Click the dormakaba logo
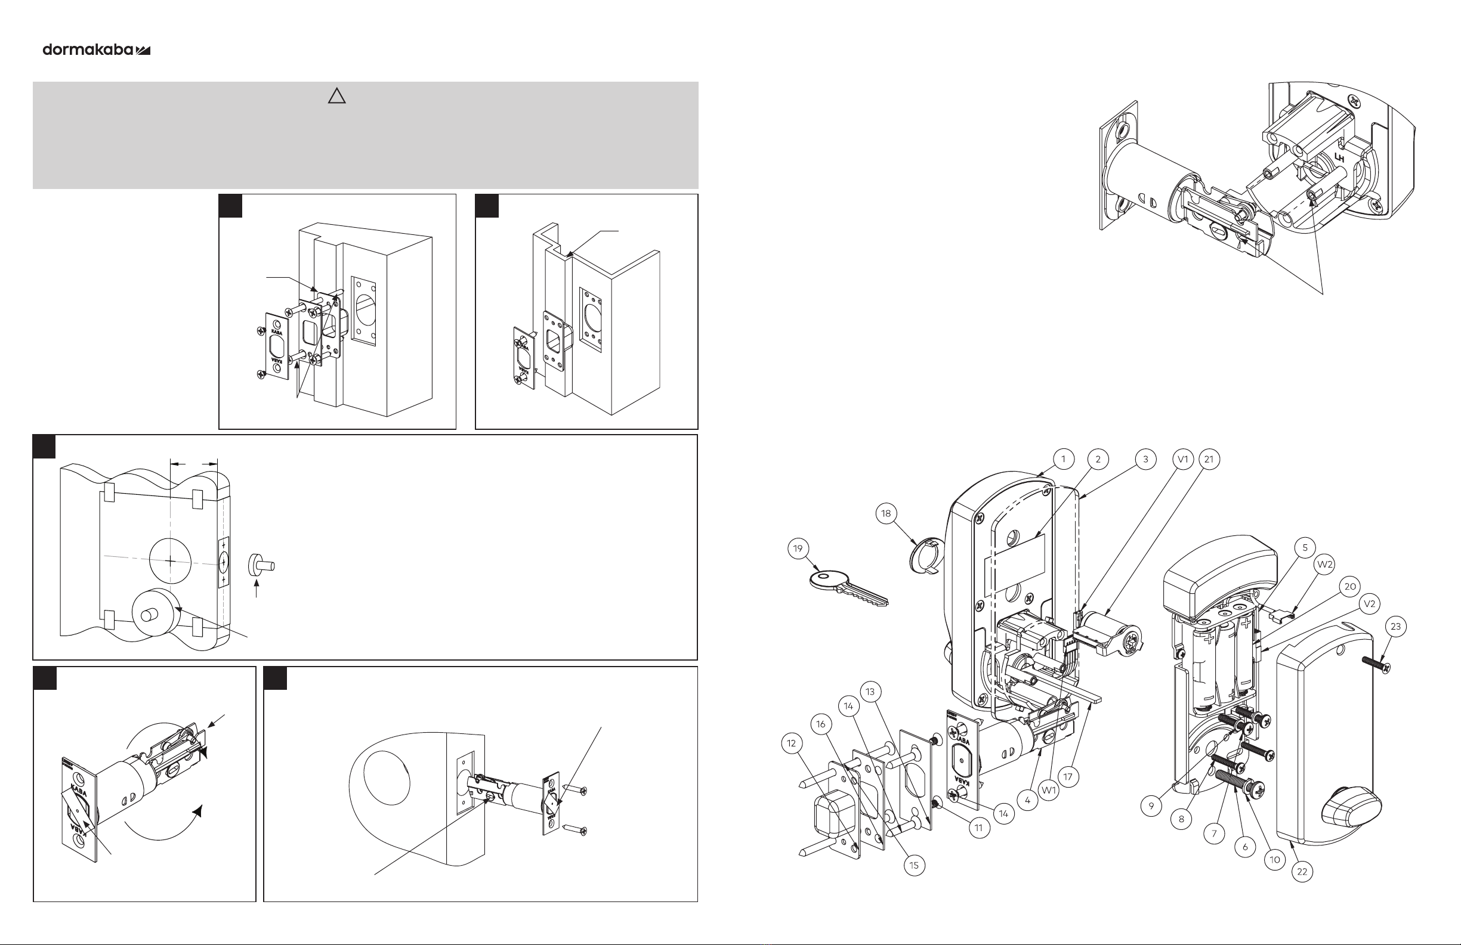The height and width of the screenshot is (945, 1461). (97, 49)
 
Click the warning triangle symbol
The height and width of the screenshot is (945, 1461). (336, 97)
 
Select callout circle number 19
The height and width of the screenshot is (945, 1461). (798, 549)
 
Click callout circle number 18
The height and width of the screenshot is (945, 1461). (886, 513)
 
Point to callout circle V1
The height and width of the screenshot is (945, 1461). (1183, 459)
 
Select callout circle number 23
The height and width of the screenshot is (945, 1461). (1396, 627)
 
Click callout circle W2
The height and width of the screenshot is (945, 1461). (1326, 564)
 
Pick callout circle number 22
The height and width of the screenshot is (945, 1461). (1302, 871)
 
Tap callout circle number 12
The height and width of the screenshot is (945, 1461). (791, 743)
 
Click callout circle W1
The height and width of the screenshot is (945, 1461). (1049, 790)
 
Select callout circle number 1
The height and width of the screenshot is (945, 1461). (1063, 459)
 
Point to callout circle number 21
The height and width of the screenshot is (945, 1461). (1209, 459)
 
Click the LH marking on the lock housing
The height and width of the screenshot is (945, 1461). (1339, 159)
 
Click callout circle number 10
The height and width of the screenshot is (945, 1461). (1275, 860)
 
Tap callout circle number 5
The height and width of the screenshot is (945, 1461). (1305, 548)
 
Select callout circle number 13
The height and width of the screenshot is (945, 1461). (870, 692)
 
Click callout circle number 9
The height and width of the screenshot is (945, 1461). (1151, 805)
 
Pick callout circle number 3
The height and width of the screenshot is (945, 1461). (1145, 459)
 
